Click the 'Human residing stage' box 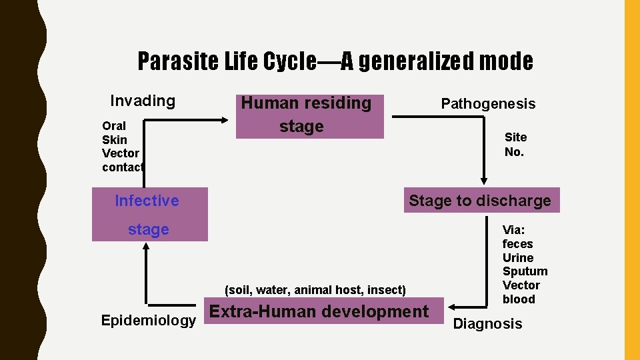coord(310,116)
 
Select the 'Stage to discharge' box coord(481,200)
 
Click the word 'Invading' coord(143,101)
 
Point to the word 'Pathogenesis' coord(488,104)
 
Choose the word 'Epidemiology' coord(148,321)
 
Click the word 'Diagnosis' coord(487,324)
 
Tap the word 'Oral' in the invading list coord(114,126)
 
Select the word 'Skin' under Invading coord(114,139)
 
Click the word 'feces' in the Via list coord(517,244)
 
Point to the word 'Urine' coord(518,258)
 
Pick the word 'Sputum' coord(525,271)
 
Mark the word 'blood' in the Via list coord(519,299)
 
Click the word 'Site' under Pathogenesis coord(515,137)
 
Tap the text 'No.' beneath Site coord(514,152)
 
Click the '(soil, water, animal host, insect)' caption coord(315,290)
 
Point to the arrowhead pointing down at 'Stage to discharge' coord(485,179)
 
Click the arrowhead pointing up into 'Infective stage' coord(145,247)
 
